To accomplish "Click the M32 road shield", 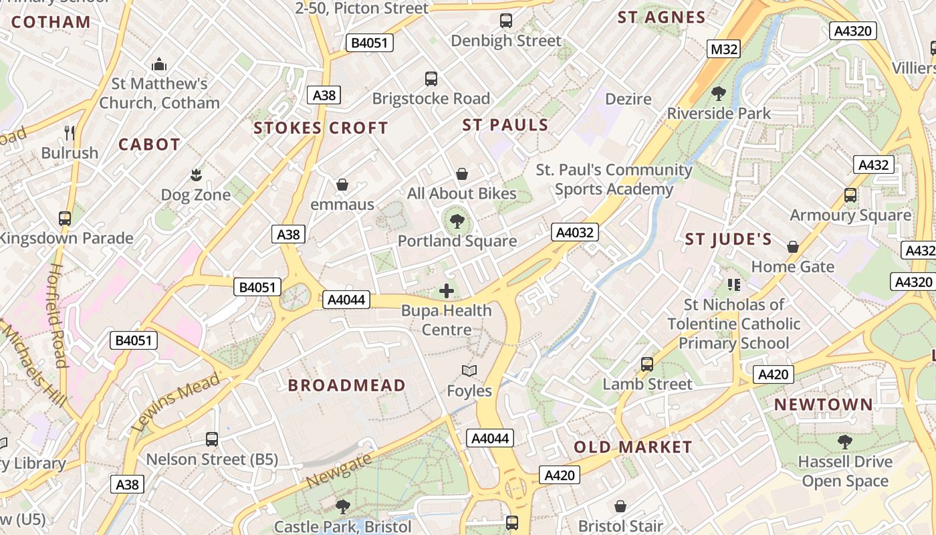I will pyautogui.click(x=724, y=49).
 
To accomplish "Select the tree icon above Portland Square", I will pyautogui.click(x=457, y=221).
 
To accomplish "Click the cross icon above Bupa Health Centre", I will pyautogui.click(x=447, y=291).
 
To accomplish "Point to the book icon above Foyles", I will pyautogui.click(x=469, y=370).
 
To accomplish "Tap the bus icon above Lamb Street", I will pyautogui.click(x=647, y=364).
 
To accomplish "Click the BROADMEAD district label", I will pyautogui.click(x=347, y=385).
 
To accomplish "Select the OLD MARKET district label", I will pyautogui.click(x=632, y=447).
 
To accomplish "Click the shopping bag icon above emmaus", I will pyautogui.click(x=342, y=184).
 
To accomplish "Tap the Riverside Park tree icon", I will pyautogui.click(x=719, y=94).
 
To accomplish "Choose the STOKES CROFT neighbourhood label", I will pyautogui.click(x=321, y=128).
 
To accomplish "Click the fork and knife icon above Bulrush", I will pyautogui.click(x=70, y=132).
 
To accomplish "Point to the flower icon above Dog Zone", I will pyautogui.click(x=196, y=175).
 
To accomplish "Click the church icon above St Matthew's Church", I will pyautogui.click(x=159, y=64).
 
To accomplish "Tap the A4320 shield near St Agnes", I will pyautogui.click(x=852, y=31).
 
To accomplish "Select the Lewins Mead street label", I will pyautogui.click(x=177, y=401).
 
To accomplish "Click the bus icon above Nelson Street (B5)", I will pyautogui.click(x=212, y=439).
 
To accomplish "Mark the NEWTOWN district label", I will pyautogui.click(x=824, y=405).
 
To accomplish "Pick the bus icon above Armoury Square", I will pyautogui.click(x=850, y=195).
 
